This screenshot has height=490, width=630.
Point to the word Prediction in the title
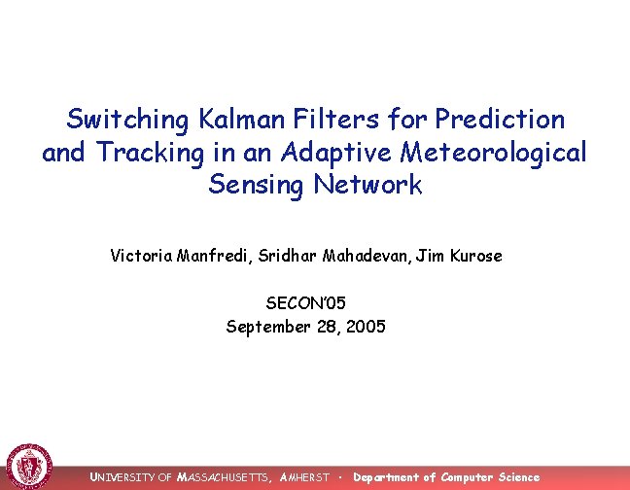coord(499,120)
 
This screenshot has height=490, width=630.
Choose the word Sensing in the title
coord(255,185)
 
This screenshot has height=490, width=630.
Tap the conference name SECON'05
coord(305,304)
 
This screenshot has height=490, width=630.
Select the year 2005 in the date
coord(366,327)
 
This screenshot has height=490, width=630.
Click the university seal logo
coord(29,466)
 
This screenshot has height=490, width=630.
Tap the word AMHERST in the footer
coord(304,477)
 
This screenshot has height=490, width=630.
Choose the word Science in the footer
coord(518,477)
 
